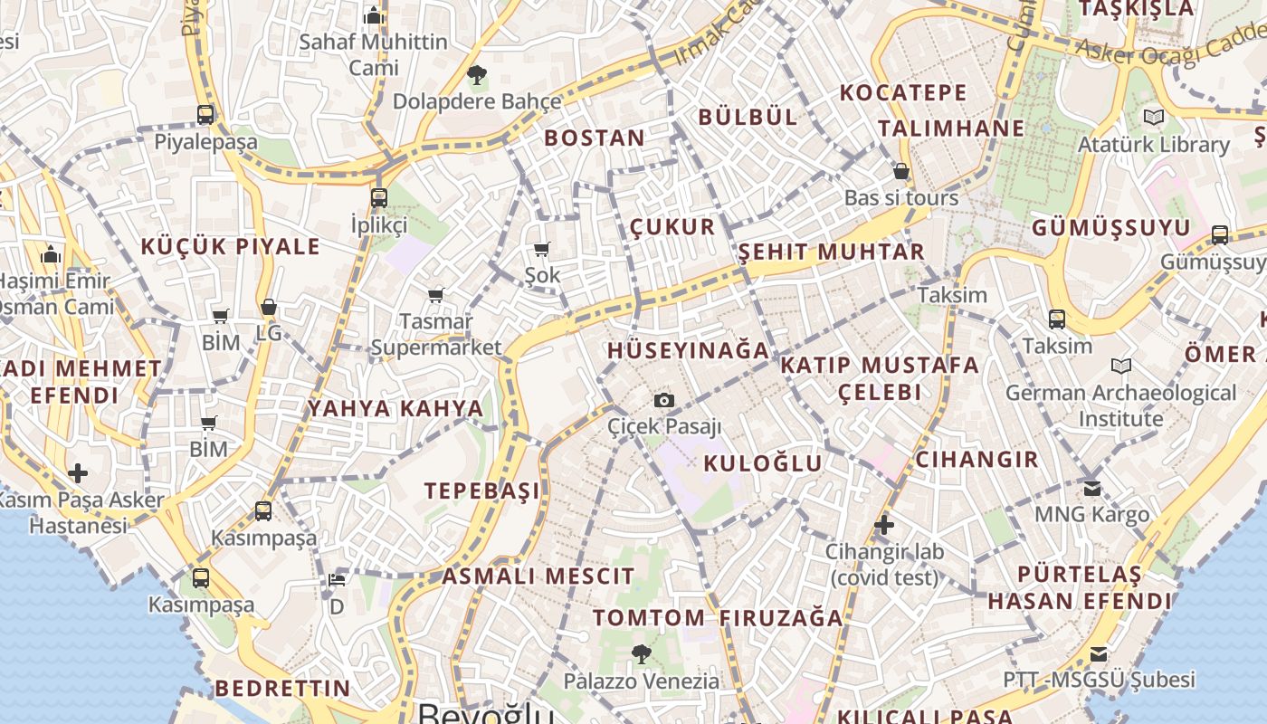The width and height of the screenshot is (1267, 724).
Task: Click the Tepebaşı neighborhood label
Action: [x=482, y=491]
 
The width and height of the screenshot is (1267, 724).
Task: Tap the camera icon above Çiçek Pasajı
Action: [x=664, y=400]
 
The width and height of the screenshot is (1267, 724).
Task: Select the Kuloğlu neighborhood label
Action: [x=763, y=463]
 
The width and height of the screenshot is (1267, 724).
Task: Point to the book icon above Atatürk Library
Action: [x=1153, y=117]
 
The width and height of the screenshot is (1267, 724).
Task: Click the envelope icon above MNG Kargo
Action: [x=1092, y=488]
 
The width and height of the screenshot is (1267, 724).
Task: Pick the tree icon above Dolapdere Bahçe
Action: [x=476, y=75]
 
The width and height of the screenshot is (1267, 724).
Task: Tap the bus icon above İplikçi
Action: [x=379, y=197]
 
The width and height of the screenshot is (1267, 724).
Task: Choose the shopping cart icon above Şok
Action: [x=541, y=249]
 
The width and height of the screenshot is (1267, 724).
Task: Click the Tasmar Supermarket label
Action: [x=436, y=334]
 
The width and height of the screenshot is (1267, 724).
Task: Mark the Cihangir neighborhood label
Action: [x=976, y=459]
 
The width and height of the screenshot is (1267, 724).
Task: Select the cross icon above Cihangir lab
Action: [x=884, y=524]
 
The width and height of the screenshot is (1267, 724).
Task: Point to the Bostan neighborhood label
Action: [x=595, y=138]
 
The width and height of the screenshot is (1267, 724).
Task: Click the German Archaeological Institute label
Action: [x=1120, y=405]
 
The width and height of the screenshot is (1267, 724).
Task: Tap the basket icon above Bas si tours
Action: [x=900, y=170]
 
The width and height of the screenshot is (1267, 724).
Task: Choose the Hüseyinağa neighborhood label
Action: [x=688, y=350]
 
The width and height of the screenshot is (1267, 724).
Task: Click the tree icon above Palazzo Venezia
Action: [x=641, y=653]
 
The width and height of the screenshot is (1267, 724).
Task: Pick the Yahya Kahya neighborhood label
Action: [x=395, y=408]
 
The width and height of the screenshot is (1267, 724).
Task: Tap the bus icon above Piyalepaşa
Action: [x=205, y=115]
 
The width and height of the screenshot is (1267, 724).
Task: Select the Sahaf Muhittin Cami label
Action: [x=374, y=54]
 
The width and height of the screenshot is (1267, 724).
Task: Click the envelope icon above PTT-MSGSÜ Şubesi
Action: [x=1099, y=653]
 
